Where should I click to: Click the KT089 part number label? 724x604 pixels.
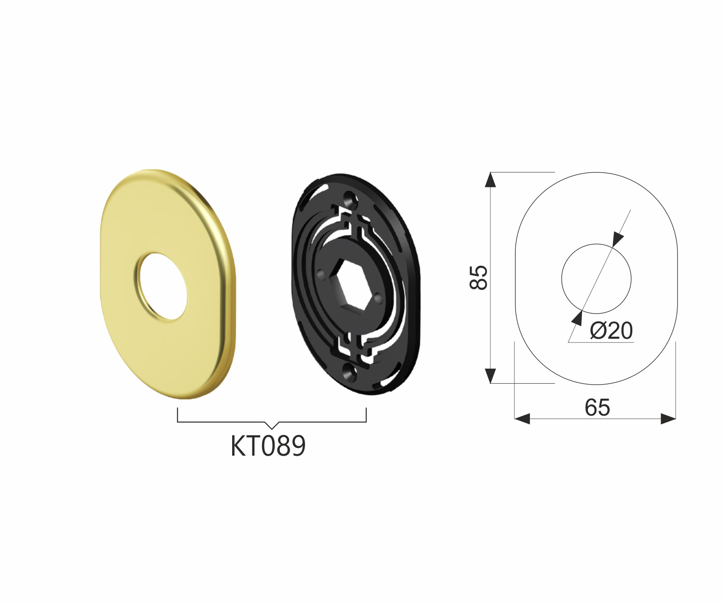268,446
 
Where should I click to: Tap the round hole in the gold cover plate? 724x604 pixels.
161,286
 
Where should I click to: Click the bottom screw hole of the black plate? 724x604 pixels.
348,371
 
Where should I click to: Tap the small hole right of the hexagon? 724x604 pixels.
378,296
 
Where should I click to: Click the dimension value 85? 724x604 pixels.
479,277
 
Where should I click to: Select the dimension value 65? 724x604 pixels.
597,408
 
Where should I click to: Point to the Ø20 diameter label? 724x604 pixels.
611,331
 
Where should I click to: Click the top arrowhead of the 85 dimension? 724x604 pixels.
490,180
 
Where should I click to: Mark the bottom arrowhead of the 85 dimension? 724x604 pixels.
490,375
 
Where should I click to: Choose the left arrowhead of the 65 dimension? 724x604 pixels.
522,419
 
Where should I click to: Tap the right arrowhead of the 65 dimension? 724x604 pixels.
668,419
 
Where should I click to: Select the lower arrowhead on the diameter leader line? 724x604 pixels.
577,317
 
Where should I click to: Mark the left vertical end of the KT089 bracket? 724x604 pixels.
178,415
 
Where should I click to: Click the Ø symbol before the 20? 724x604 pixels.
598,331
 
